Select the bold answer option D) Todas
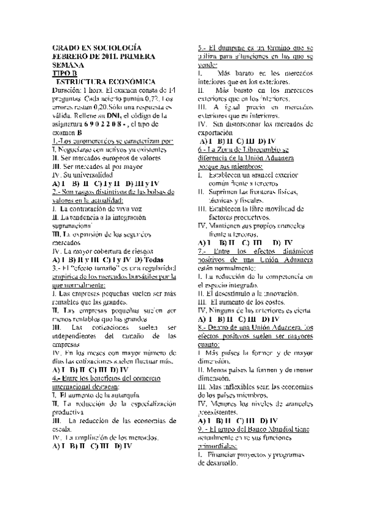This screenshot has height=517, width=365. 144,259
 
